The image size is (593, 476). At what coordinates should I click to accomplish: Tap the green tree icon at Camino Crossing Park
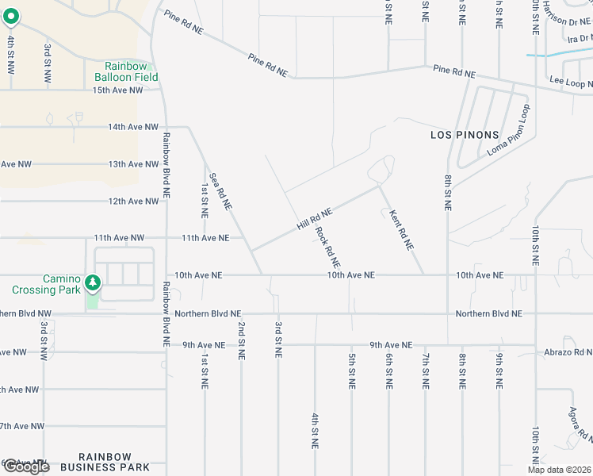pyautogui.click(x=93, y=282)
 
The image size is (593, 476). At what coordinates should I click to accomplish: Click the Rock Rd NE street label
pyautogui.click(x=327, y=247)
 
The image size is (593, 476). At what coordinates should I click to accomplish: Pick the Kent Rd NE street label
pyautogui.click(x=402, y=229)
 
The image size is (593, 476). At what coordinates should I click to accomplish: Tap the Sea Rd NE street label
pyautogui.click(x=220, y=191)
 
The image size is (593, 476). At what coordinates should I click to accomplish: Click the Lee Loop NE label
pyautogui.click(x=570, y=81)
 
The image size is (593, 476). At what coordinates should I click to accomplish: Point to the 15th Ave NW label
pyautogui.click(x=118, y=90)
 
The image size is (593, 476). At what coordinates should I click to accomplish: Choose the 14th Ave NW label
pyautogui.click(x=133, y=127)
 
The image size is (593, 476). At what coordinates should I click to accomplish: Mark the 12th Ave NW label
pyautogui.click(x=133, y=202)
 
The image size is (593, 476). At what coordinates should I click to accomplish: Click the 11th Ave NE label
pyautogui.click(x=205, y=238)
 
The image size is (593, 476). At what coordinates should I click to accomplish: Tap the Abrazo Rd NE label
pyautogui.click(x=568, y=351)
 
